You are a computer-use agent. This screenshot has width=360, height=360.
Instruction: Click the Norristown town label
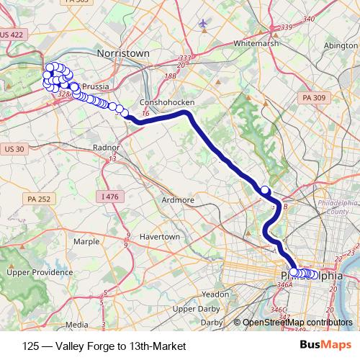tap(122, 53)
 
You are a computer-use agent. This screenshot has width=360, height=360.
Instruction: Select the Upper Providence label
tap(35, 273)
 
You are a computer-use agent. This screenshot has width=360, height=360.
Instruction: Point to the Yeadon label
tap(216, 294)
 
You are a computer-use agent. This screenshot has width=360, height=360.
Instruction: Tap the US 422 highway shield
tap(13, 34)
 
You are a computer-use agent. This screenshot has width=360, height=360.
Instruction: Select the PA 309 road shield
tap(315, 97)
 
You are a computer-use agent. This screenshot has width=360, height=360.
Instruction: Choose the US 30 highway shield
tap(14, 149)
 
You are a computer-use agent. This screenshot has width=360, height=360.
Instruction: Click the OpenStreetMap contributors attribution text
tap(300, 323)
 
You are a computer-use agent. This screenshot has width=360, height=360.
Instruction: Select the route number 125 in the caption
tap(32, 346)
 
